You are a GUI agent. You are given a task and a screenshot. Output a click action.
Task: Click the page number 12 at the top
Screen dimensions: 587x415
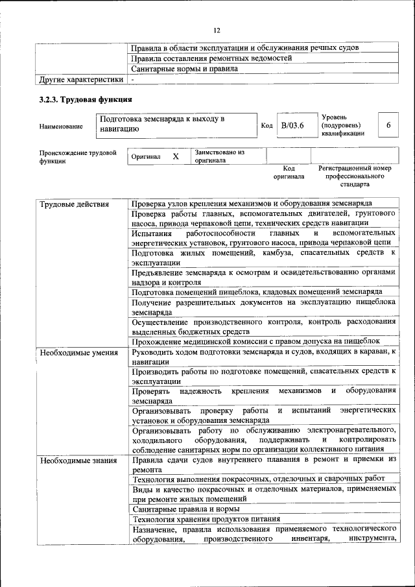pos(217,30)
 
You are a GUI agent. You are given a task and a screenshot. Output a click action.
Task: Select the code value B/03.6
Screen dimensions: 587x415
pos(292,125)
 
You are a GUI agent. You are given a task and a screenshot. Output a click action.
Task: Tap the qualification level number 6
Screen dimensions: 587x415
pos(388,125)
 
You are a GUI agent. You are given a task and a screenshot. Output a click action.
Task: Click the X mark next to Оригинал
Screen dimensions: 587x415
pos(175,156)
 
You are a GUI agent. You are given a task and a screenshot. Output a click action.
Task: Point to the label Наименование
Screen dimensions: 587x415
pos(61,126)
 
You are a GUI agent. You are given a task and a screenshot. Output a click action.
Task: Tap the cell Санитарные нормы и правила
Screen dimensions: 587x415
pos(184,68)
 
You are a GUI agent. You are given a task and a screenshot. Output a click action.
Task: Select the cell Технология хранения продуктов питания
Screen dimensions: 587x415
pos(206,519)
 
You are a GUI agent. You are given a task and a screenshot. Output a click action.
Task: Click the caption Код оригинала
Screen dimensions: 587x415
pos(289,173)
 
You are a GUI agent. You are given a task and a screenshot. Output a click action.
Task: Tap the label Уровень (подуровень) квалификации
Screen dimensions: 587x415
pos(342,125)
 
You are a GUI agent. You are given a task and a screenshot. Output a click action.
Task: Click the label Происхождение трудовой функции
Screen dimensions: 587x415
pos(77,157)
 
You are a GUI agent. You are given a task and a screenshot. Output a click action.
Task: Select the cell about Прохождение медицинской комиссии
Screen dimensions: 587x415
pos(255,341)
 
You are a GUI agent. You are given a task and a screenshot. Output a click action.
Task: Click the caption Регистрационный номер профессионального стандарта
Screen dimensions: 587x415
pos(355,176)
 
